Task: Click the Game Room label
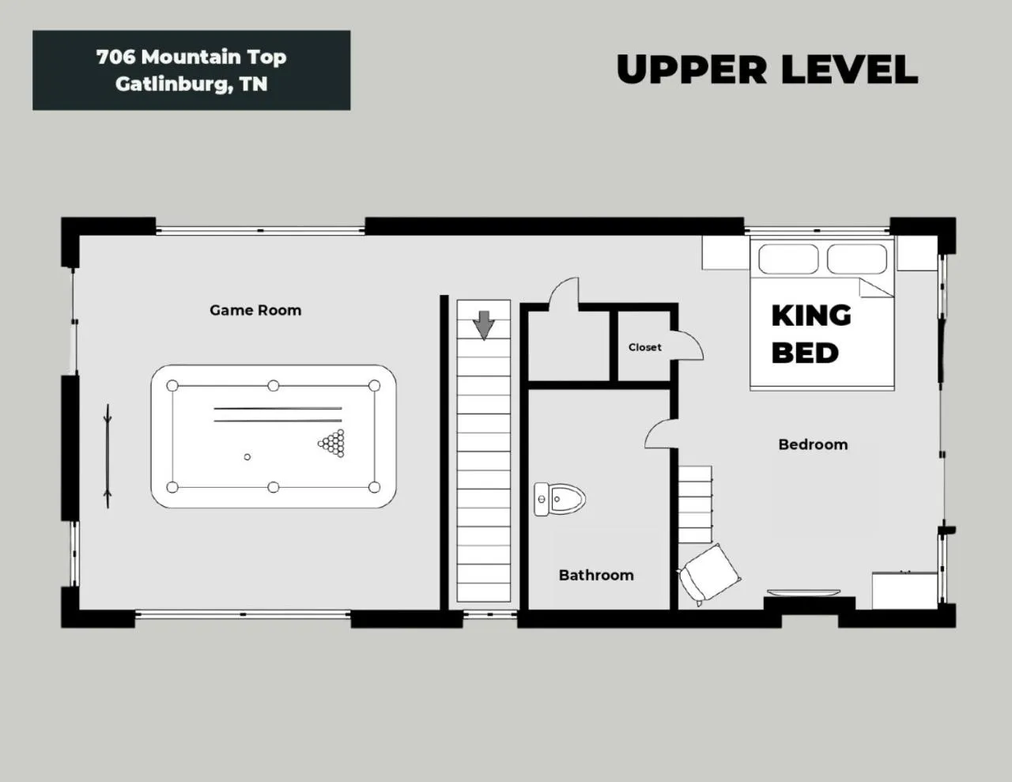(255, 310)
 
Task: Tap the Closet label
(644, 347)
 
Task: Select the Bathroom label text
(596, 575)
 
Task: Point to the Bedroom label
(813, 444)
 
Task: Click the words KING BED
(810, 334)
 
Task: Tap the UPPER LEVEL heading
(766, 70)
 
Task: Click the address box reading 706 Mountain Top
(191, 70)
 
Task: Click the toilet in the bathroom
(560, 499)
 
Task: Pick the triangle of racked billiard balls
(333, 443)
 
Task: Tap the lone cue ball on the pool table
(247, 457)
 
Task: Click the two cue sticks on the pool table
(278, 414)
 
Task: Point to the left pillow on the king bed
(788, 259)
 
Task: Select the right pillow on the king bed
(857, 259)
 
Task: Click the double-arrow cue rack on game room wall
(108, 455)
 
